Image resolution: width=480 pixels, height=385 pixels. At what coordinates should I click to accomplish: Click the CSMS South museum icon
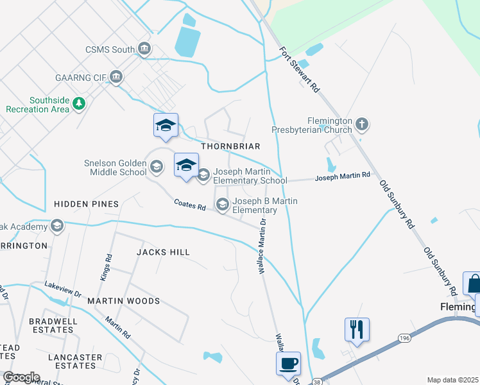pyautogui.click(x=144, y=49)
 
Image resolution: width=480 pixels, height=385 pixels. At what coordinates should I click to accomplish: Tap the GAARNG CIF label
pyautogui.click(x=83, y=78)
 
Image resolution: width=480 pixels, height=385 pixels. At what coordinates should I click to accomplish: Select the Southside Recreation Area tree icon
pyautogui.click(x=79, y=103)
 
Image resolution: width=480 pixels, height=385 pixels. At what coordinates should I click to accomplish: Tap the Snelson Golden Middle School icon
pyautogui.click(x=156, y=167)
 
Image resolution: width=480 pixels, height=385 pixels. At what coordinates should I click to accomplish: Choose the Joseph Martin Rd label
pyautogui.click(x=342, y=175)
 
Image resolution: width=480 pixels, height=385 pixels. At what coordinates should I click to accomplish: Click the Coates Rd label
pyautogui.click(x=190, y=206)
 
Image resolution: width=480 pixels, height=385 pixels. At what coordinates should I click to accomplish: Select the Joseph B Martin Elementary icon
pyautogui.click(x=223, y=205)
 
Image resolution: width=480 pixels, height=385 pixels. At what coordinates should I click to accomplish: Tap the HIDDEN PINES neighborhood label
pyautogui.click(x=86, y=204)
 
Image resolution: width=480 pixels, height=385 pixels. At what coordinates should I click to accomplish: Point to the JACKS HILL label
pyautogui.click(x=163, y=252)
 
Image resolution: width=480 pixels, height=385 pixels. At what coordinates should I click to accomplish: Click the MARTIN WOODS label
pyautogui.click(x=123, y=301)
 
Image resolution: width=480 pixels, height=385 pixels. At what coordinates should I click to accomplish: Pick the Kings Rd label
pyautogui.click(x=107, y=266)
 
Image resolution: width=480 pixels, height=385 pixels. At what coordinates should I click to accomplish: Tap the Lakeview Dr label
pyautogui.click(x=63, y=289)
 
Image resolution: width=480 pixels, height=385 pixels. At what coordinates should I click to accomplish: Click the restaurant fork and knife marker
pyautogui.click(x=356, y=330)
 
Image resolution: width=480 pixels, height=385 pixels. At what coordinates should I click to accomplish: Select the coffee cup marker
pyautogui.click(x=288, y=363)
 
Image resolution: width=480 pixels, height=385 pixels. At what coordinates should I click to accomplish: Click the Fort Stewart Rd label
pyautogui.click(x=300, y=70)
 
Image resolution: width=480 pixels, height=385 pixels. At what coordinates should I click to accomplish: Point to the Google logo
pyautogui.click(x=21, y=377)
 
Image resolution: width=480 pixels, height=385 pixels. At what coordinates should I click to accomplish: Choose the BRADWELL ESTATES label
pyautogui.click(x=53, y=325)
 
